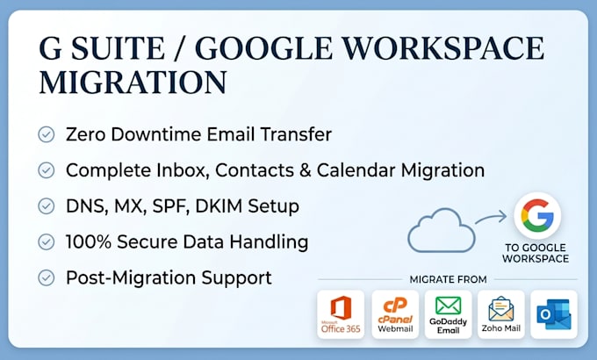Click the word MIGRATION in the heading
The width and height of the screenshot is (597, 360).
pos(133,83)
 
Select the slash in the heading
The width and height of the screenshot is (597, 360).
pos(180,48)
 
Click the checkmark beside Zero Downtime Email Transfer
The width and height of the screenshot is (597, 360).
pos(46,134)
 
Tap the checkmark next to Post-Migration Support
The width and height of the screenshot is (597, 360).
pos(46,277)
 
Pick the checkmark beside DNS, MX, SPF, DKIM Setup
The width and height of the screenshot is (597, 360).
pos(46,206)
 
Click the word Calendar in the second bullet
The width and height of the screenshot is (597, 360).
pos(356,170)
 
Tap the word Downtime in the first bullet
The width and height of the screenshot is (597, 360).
pos(155,134)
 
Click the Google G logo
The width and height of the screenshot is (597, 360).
pos(537,216)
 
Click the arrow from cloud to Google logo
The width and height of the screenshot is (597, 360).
pos(491,218)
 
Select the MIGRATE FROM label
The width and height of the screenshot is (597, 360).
pos(448,279)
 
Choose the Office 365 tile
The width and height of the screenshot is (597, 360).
pos(341,314)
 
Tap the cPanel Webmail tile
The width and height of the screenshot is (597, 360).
pos(395,314)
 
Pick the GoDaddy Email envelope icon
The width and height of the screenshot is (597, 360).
pos(448,306)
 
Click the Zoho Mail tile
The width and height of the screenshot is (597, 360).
pos(501,314)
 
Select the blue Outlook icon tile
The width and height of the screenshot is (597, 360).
pos(554,314)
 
